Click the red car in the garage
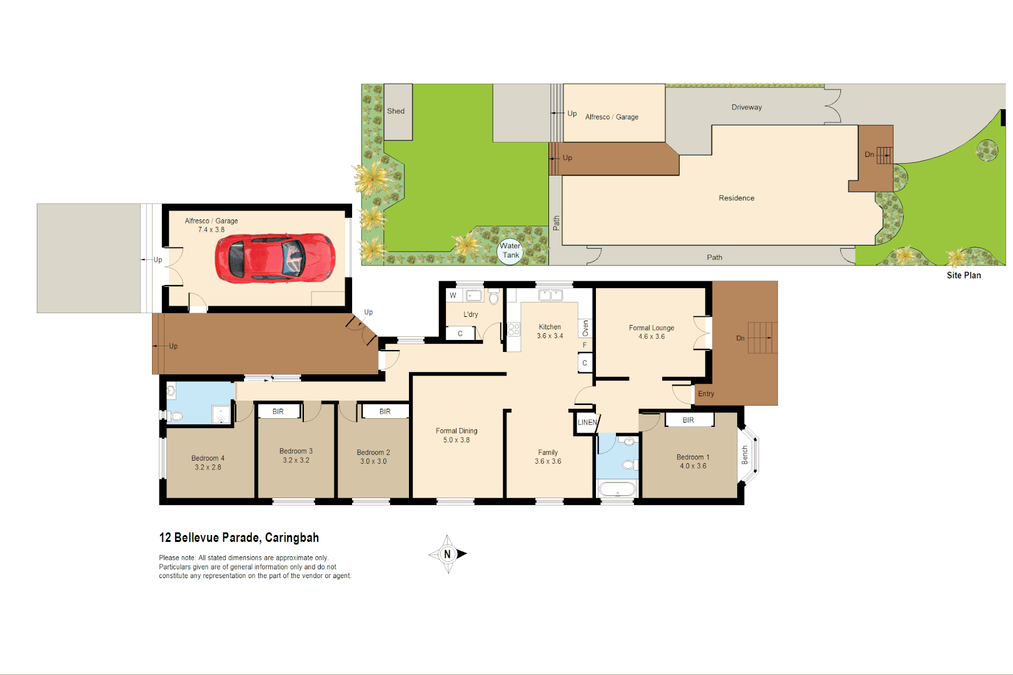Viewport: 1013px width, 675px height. pyautogui.click(x=275, y=258)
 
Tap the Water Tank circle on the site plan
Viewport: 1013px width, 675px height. pyautogui.click(x=510, y=251)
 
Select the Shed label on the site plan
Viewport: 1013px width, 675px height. pyautogui.click(x=396, y=111)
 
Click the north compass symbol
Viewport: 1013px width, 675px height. pyautogui.click(x=448, y=554)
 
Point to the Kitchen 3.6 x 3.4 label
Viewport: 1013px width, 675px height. pyautogui.click(x=550, y=331)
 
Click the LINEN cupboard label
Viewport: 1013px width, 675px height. pyautogui.click(x=587, y=422)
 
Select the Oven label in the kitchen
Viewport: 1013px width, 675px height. pyautogui.click(x=585, y=328)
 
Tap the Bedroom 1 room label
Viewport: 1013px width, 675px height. pyautogui.click(x=693, y=461)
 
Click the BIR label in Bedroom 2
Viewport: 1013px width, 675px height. pyautogui.click(x=385, y=411)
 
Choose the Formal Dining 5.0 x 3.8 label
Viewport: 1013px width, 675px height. pyautogui.click(x=456, y=435)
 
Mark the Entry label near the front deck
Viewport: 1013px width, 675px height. pyautogui.click(x=706, y=394)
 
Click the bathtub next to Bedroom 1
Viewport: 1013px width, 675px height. pyautogui.click(x=617, y=488)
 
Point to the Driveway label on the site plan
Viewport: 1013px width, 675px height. pyautogui.click(x=747, y=107)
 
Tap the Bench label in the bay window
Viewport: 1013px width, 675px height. pyautogui.click(x=745, y=454)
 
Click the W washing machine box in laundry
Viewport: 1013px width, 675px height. pyautogui.click(x=453, y=296)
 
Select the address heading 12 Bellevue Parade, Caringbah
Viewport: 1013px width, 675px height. pyautogui.click(x=239, y=537)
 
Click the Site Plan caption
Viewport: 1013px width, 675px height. pyautogui.click(x=964, y=275)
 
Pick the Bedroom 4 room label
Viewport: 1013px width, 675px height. pyautogui.click(x=208, y=462)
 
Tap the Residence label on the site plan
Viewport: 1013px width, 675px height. pyautogui.click(x=737, y=198)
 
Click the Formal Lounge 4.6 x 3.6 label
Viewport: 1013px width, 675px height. pyautogui.click(x=652, y=332)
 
